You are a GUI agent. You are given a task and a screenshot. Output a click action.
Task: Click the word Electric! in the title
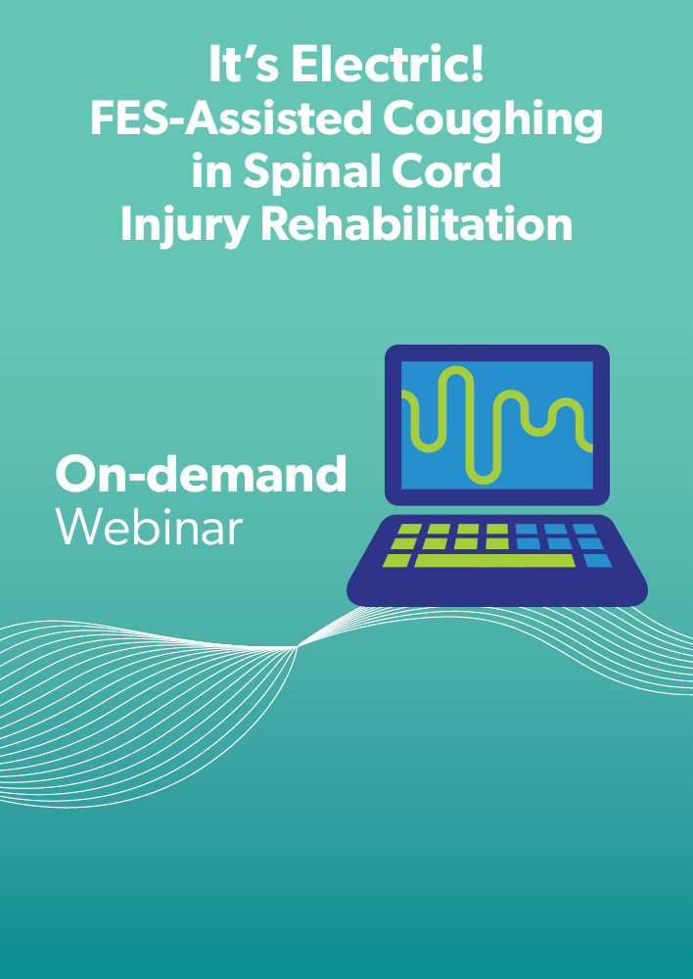click(x=388, y=65)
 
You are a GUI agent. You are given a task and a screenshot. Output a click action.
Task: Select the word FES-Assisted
click(x=231, y=118)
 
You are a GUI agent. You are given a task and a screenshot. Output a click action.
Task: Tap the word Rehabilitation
click(x=416, y=225)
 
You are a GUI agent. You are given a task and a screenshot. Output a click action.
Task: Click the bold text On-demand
click(x=201, y=474)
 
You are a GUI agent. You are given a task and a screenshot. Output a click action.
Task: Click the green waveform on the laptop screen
click(x=496, y=425)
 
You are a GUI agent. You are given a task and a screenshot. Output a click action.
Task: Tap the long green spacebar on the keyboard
click(x=494, y=560)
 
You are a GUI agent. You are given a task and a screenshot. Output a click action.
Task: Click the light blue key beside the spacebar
click(x=598, y=560)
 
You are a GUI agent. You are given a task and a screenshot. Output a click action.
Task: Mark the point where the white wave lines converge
click(x=298, y=647)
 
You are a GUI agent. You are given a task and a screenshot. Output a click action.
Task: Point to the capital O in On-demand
click(x=75, y=475)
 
